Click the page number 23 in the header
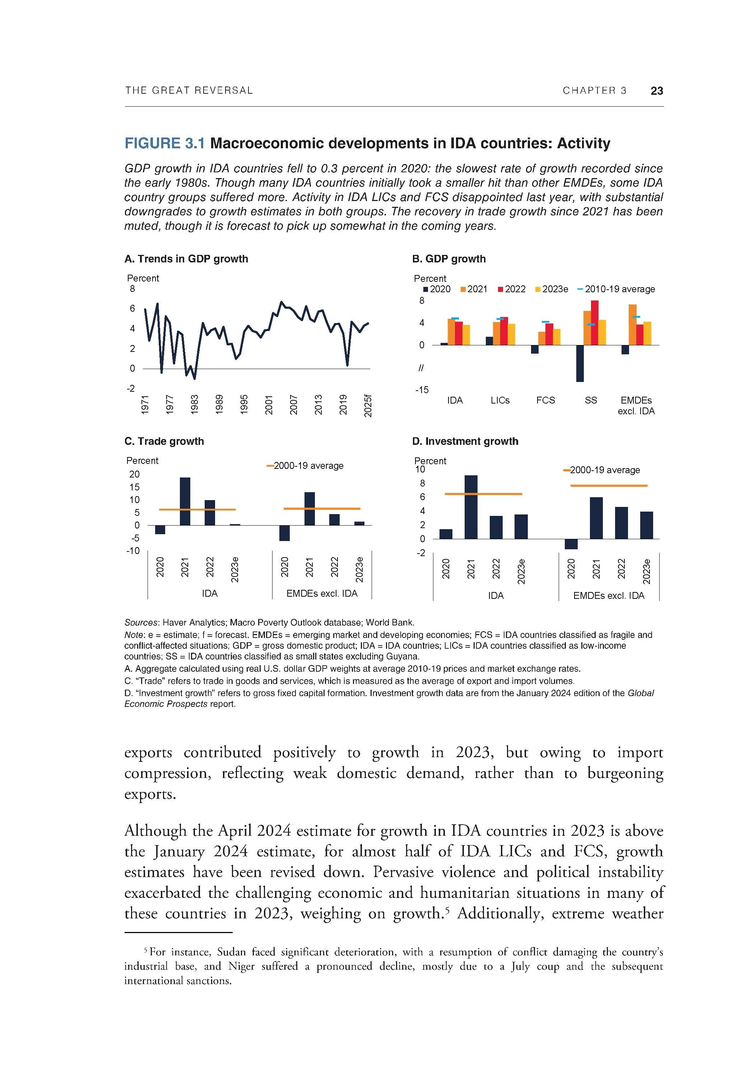point(657,90)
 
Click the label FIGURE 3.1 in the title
point(164,143)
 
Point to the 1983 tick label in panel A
point(195,404)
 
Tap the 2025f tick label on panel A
point(368,406)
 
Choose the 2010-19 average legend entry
point(616,289)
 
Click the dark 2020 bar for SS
point(580,363)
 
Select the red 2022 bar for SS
point(595,322)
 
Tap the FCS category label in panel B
point(545,400)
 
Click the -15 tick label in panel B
point(421,390)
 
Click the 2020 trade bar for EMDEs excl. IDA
point(284,533)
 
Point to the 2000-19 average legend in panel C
point(306,466)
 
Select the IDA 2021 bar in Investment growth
point(471,507)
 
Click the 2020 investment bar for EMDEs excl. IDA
point(571,544)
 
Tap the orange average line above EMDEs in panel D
point(609,486)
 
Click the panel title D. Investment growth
point(465,441)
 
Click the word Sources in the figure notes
point(142,623)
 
